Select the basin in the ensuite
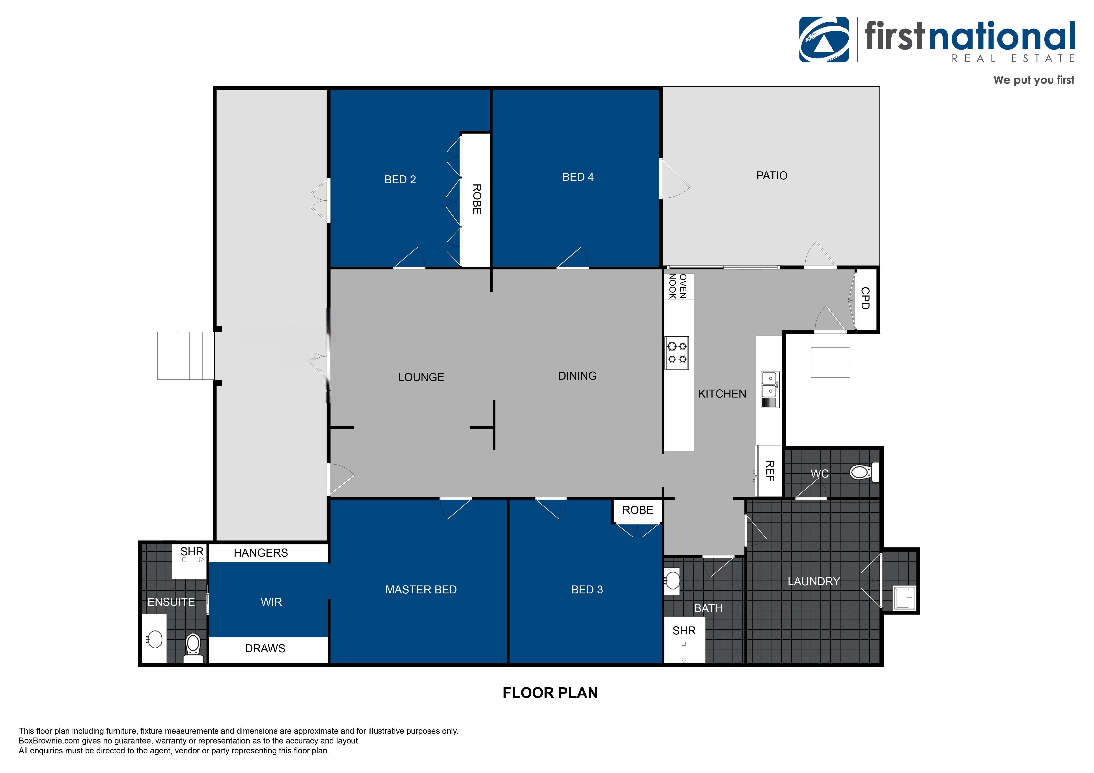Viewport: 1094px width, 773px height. click(x=154, y=639)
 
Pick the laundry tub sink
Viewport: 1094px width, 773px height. click(x=904, y=598)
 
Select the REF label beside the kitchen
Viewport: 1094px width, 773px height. click(x=769, y=470)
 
